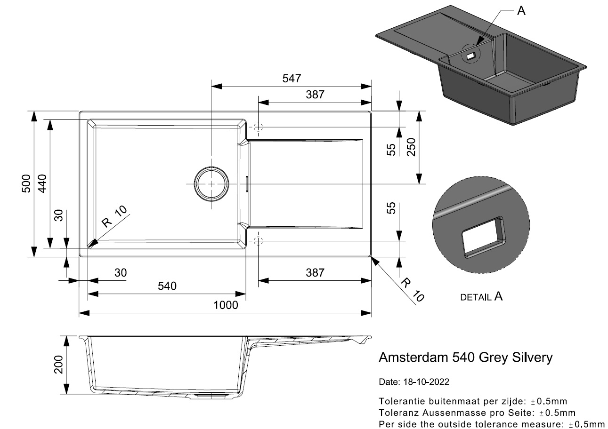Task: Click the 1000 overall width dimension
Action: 225,305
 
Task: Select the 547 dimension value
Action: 292,79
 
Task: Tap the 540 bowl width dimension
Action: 167,286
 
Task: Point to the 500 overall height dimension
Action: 26,183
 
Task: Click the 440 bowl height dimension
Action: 42,183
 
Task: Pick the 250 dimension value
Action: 410,148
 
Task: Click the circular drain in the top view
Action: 212,183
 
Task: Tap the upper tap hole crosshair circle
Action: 258,127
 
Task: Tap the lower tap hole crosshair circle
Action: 258,241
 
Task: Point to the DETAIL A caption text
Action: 481,297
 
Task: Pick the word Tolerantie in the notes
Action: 400,401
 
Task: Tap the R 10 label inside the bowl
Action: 114,217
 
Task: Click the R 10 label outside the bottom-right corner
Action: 413,289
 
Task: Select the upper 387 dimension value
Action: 315,95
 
